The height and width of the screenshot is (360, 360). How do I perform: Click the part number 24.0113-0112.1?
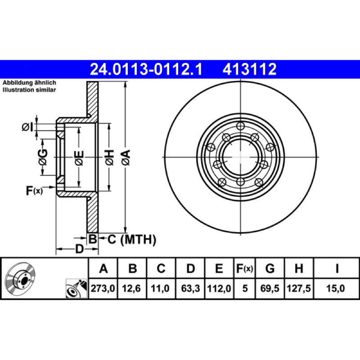(146, 69)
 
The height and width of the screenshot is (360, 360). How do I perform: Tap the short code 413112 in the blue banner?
(250, 69)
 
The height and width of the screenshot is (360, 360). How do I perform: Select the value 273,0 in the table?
(103, 288)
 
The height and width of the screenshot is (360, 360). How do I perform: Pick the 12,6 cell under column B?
(131, 288)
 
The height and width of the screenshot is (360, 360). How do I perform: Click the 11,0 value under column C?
(160, 288)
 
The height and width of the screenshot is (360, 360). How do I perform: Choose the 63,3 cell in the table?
(190, 288)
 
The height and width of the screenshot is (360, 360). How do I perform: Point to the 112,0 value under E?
(219, 288)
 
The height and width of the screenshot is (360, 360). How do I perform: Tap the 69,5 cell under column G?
(270, 288)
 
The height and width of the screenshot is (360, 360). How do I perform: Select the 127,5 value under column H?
(299, 288)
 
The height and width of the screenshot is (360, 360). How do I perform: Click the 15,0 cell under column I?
(335, 288)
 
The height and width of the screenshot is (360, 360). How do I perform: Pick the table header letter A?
(103, 268)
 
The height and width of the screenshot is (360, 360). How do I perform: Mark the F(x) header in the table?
(244, 268)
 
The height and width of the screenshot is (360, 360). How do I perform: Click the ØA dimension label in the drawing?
(126, 157)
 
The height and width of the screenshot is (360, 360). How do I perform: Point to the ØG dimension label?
(43, 157)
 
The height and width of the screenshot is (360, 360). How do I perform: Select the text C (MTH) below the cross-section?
(132, 240)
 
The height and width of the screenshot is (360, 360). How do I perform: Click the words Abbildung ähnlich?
(29, 83)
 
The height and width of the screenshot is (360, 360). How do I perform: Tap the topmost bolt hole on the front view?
(240, 126)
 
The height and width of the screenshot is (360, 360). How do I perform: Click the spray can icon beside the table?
(76, 288)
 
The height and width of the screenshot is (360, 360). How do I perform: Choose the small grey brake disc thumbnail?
(20, 277)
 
